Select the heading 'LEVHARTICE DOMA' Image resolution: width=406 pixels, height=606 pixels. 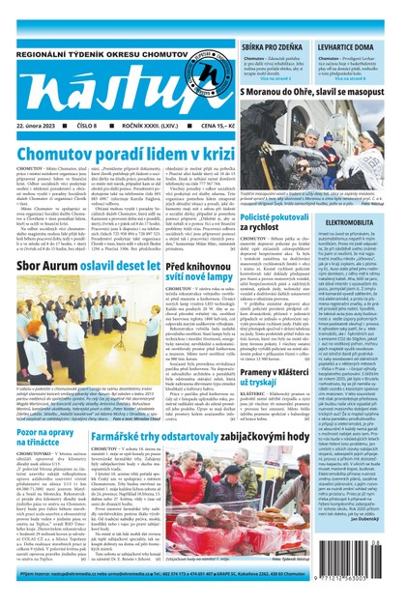point(344,20)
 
